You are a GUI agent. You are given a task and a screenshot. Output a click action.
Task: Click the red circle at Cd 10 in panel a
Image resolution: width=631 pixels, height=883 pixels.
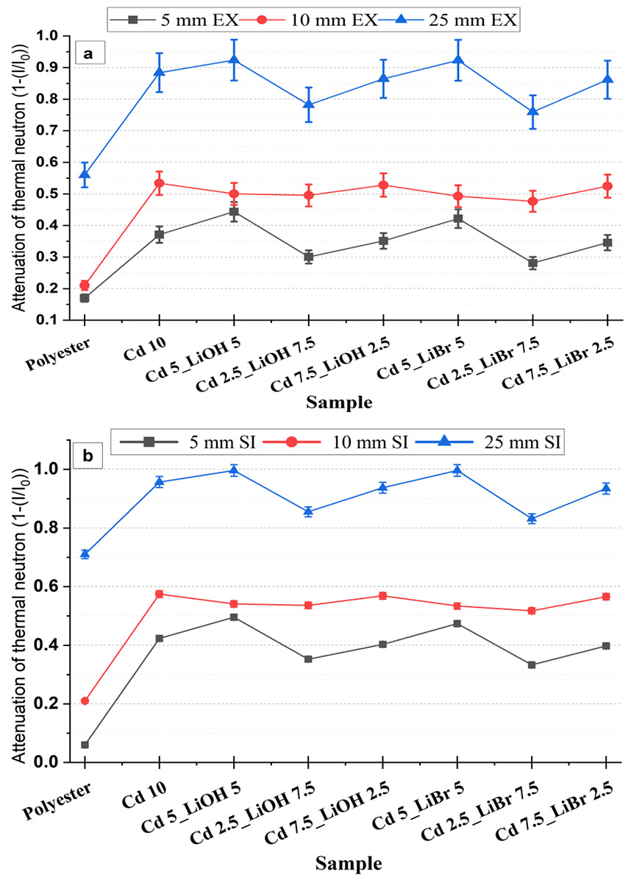pyautogui.click(x=159, y=182)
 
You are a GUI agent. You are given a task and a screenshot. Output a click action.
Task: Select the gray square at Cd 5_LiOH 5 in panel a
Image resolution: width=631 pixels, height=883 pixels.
pyautogui.click(x=234, y=212)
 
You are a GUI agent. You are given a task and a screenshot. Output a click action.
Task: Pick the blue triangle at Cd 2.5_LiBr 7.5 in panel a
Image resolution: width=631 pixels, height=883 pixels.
pyautogui.click(x=532, y=112)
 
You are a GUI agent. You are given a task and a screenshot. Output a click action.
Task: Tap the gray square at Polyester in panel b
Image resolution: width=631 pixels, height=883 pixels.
pyautogui.click(x=85, y=745)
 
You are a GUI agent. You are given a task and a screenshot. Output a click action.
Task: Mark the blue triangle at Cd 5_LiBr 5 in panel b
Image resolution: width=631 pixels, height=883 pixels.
pyautogui.click(x=457, y=471)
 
